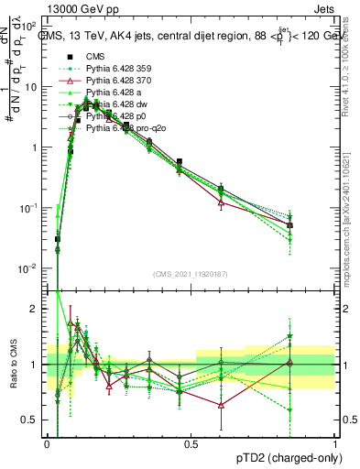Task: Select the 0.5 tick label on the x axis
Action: point(191,444)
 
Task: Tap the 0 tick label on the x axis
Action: point(47,444)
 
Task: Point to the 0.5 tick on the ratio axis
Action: point(34,420)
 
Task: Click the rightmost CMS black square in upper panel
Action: point(289,224)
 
